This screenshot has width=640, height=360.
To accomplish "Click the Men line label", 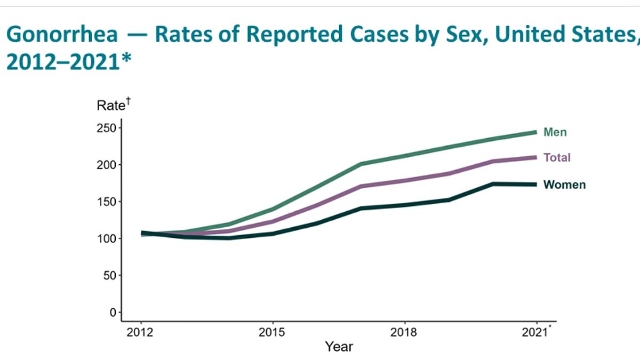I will point(555,132).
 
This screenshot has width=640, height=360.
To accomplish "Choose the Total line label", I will point(557,158).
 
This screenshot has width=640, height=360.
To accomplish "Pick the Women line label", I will point(564,185).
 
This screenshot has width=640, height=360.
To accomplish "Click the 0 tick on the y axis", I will point(112,312).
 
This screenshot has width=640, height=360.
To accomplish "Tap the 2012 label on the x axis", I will point(141,332).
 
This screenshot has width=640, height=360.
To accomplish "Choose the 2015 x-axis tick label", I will point(273,332).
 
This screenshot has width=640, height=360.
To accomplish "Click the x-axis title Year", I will point(339,347).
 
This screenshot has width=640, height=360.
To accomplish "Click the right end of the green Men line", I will point(535,132).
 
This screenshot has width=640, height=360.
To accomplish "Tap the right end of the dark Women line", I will point(535,185).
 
